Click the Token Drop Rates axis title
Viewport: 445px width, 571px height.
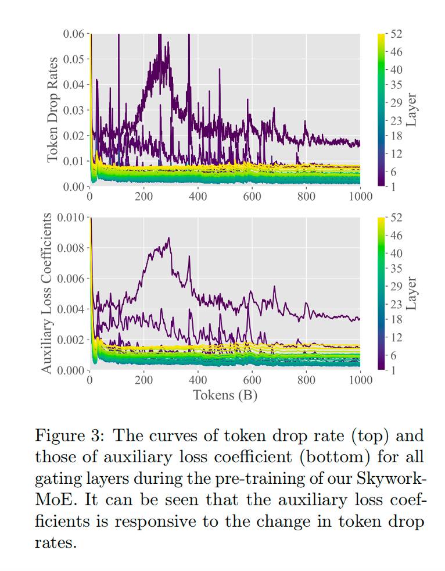pyautogui.click(x=53, y=109)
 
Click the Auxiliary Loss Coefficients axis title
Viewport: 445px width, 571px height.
pyautogui.click(x=47, y=294)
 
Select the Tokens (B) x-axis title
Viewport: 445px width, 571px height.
pyautogui.click(x=225, y=395)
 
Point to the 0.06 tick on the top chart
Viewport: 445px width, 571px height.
pyautogui.click(x=73, y=34)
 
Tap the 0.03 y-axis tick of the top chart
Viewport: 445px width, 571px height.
pyautogui.click(x=73, y=110)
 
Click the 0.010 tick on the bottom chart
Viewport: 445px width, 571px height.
pyautogui.click(x=71, y=217)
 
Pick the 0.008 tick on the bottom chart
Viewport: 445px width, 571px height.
pyautogui.click(x=71, y=248)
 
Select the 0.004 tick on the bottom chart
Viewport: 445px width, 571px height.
pyautogui.click(x=71, y=309)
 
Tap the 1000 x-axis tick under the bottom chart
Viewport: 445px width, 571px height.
pyautogui.click(x=360, y=380)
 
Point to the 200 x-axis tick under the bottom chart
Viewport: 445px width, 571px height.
pyautogui.click(x=143, y=380)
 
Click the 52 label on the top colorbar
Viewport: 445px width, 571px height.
pyautogui.click(x=397, y=34)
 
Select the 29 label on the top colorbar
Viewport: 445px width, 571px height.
pyautogui.click(x=397, y=103)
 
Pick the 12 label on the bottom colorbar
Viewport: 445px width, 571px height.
pyautogui.click(x=397, y=337)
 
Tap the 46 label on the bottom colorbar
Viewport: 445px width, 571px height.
pyautogui.click(x=397, y=235)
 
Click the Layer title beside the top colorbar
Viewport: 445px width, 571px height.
pyautogui.click(x=412, y=109)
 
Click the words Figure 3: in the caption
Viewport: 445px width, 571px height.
pyautogui.click(x=70, y=436)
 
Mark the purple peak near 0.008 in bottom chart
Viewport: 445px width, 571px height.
pyautogui.click(x=168, y=238)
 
